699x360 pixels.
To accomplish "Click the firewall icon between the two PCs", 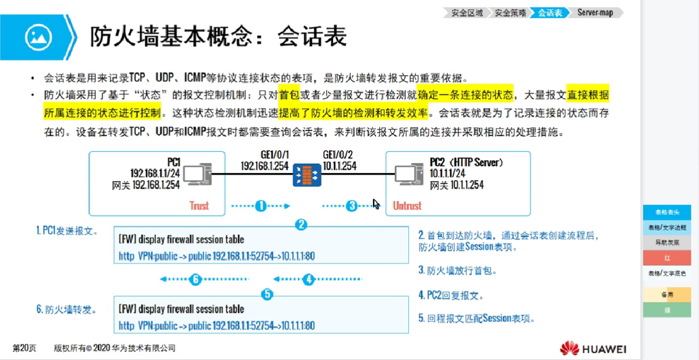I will point(307,174).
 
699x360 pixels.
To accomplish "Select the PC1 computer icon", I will point(197,174).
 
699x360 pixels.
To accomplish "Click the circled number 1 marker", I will point(261,206).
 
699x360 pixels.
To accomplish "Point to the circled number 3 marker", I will point(351,206).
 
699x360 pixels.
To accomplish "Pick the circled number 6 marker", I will point(195,280).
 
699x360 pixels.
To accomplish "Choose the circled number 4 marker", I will point(309,280).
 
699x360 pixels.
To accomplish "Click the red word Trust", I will point(199,206).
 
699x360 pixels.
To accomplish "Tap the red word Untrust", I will point(407,206).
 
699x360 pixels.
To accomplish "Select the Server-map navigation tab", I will point(596,12).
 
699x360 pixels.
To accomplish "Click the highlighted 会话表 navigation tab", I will point(549,12).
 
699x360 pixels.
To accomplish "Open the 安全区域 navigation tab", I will point(467,12).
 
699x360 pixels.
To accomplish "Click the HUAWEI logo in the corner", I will point(593,348).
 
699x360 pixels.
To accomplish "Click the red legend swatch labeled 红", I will point(667,258).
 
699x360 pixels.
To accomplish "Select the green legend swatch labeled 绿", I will point(667,310).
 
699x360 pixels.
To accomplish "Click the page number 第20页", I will point(24,348).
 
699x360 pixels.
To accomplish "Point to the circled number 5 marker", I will point(268,295).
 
